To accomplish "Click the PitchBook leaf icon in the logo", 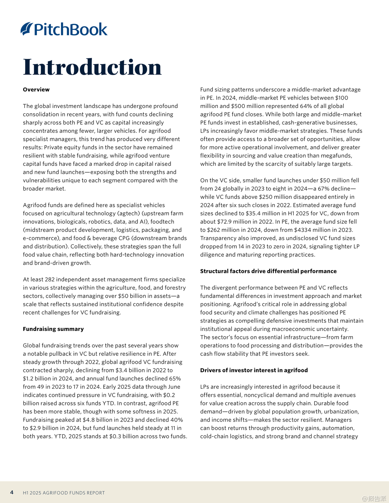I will coord(27,29).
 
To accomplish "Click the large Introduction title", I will coord(92,67).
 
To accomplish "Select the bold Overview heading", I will coord(36,90).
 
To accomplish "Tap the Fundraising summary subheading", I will coord(53,329).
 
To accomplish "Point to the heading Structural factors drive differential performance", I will coord(268,271).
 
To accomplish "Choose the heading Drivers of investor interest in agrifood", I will coord(254,370).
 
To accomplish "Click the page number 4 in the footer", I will coord(12,492).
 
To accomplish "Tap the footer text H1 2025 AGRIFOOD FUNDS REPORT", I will coord(64,493).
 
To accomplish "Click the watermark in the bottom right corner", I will coord(374,498).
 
